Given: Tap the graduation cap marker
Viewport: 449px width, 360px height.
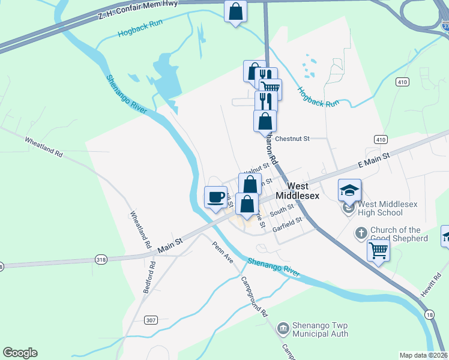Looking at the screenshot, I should click(350, 190).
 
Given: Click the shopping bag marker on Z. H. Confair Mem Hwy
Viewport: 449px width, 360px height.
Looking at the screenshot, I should click(236, 11).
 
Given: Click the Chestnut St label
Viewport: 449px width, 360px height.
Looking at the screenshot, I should click(292, 139).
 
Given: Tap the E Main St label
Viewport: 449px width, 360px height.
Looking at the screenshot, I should click(374, 160).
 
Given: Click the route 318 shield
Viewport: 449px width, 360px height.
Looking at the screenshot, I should click(101, 259).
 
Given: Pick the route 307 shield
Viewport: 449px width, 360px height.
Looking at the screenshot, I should click(151, 320).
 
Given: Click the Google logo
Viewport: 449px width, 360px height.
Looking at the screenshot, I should click(20, 353).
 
